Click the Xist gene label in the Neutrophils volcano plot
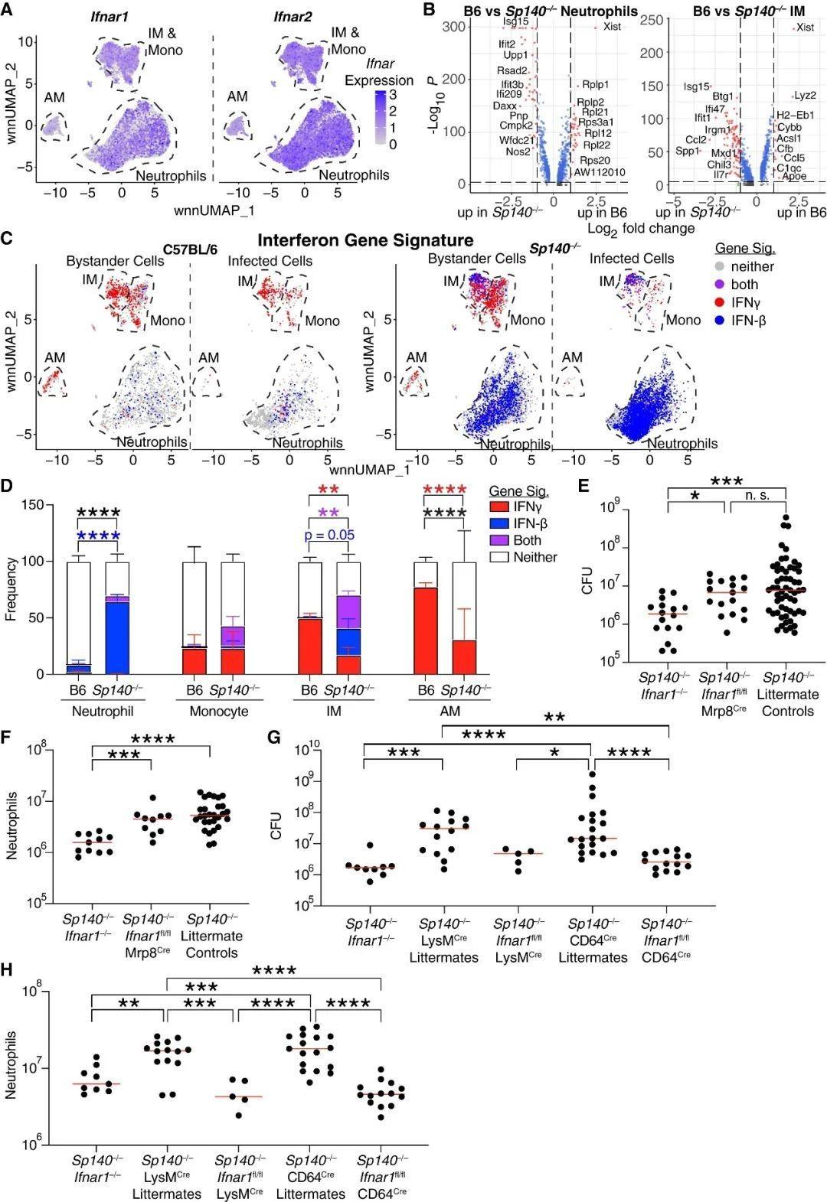tap(611, 27)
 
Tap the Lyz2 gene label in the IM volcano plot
tap(804, 96)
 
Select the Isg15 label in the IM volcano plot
tap(696, 86)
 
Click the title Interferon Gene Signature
tap(365, 240)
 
